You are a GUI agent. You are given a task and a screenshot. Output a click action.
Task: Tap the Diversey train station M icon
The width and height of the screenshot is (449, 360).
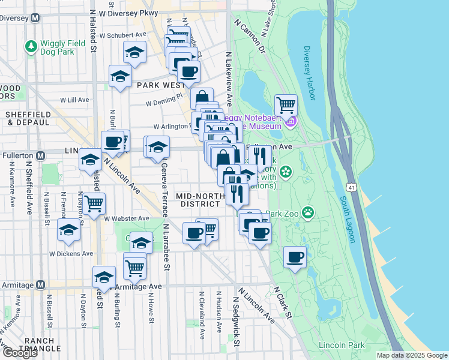tap(35, 17)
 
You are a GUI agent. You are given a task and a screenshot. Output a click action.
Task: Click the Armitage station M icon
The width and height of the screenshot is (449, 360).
tap(40, 284)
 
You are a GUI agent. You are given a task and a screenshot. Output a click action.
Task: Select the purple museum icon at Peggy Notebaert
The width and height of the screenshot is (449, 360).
tap(291, 122)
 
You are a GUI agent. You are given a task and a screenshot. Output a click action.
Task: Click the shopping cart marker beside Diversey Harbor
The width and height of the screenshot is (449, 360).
tap(286, 105)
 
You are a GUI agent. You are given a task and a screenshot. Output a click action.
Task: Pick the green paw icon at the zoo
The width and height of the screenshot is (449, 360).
tap(308, 211)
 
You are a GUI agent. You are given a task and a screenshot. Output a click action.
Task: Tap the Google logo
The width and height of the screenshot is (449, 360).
tap(20, 353)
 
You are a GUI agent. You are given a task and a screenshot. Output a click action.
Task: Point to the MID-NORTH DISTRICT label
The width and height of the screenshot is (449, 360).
tap(197, 200)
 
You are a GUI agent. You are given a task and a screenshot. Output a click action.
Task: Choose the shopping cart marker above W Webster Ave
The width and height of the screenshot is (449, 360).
tap(94, 204)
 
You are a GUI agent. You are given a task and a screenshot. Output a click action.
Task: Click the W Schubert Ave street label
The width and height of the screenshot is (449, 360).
tap(123, 35)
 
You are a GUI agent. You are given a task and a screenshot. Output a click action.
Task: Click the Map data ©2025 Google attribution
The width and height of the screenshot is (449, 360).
tap(412, 355)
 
